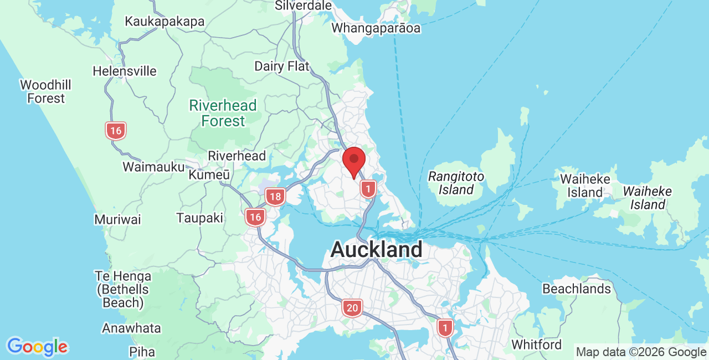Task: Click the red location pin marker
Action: pyautogui.click(x=354, y=161)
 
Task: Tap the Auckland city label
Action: pyautogui.click(x=376, y=249)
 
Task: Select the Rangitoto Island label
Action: pyautogui.click(x=456, y=183)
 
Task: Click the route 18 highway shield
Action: pyautogui.click(x=275, y=197)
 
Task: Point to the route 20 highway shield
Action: pyautogui.click(x=352, y=307)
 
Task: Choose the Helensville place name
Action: pyautogui.click(x=125, y=71)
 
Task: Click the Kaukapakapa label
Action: pyautogui.click(x=165, y=22)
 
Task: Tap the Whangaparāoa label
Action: pyautogui.click(x=376, y=28)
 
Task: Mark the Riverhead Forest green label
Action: pyautogui.click(x=223, y=113)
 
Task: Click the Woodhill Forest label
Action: pyautogui.click(x=46, y=92)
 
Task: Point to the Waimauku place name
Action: pyautogui.click(x=153, y=167)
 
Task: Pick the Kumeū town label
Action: pyautogui.click(x=209, y=175)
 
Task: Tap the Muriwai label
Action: pyautogui.click(x=117, y=219)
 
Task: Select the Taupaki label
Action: pyautogui.click(x=200, y=218)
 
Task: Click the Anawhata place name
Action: pyautogui.click(x=131, y=328)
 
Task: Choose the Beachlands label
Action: pyautogui.click(x=577, y=289)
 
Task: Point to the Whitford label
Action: pyautogui.click(x=536, y=344)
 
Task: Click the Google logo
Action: pyautogui.click(x=37, y=347)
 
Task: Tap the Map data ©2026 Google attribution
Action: pyautogui.click(x=641, y=352)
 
